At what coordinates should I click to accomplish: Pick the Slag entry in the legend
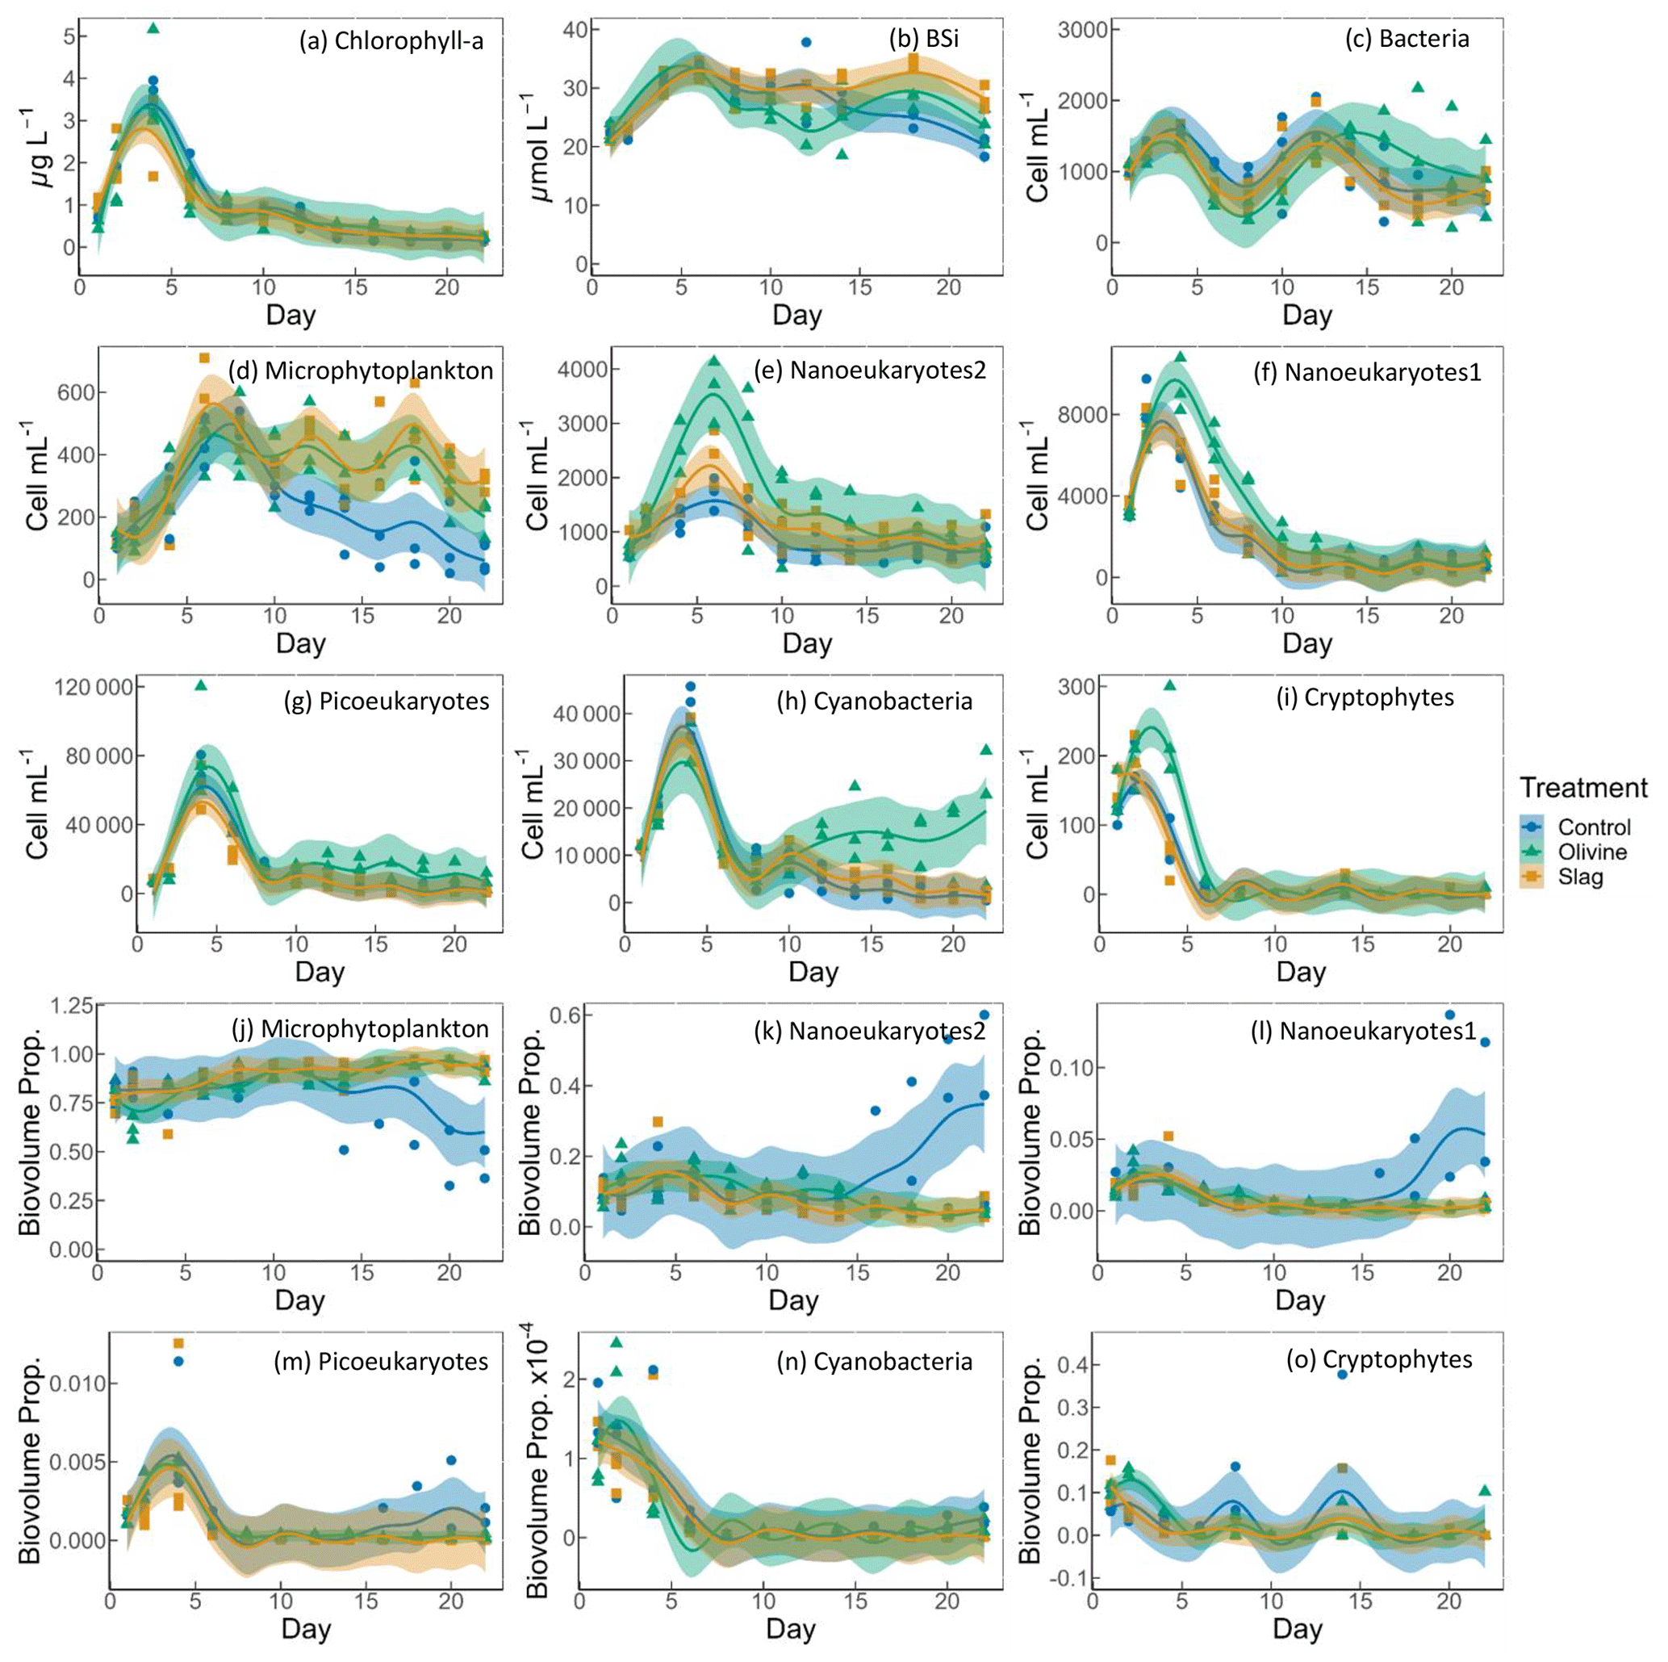(x=1580, y=877)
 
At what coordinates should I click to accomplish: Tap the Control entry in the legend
(x=1594, y=827)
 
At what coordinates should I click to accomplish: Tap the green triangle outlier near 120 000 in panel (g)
(x=201, y=684)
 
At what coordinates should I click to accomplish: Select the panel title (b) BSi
(x=924, y=39)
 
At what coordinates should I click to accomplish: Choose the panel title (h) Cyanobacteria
(x=875, y=701)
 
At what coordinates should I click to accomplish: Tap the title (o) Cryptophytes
(x=1380, y=1360)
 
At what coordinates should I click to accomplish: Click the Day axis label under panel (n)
(x=790, y=1629)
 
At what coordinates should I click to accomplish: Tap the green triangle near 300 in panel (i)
(x=1170, y=684)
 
